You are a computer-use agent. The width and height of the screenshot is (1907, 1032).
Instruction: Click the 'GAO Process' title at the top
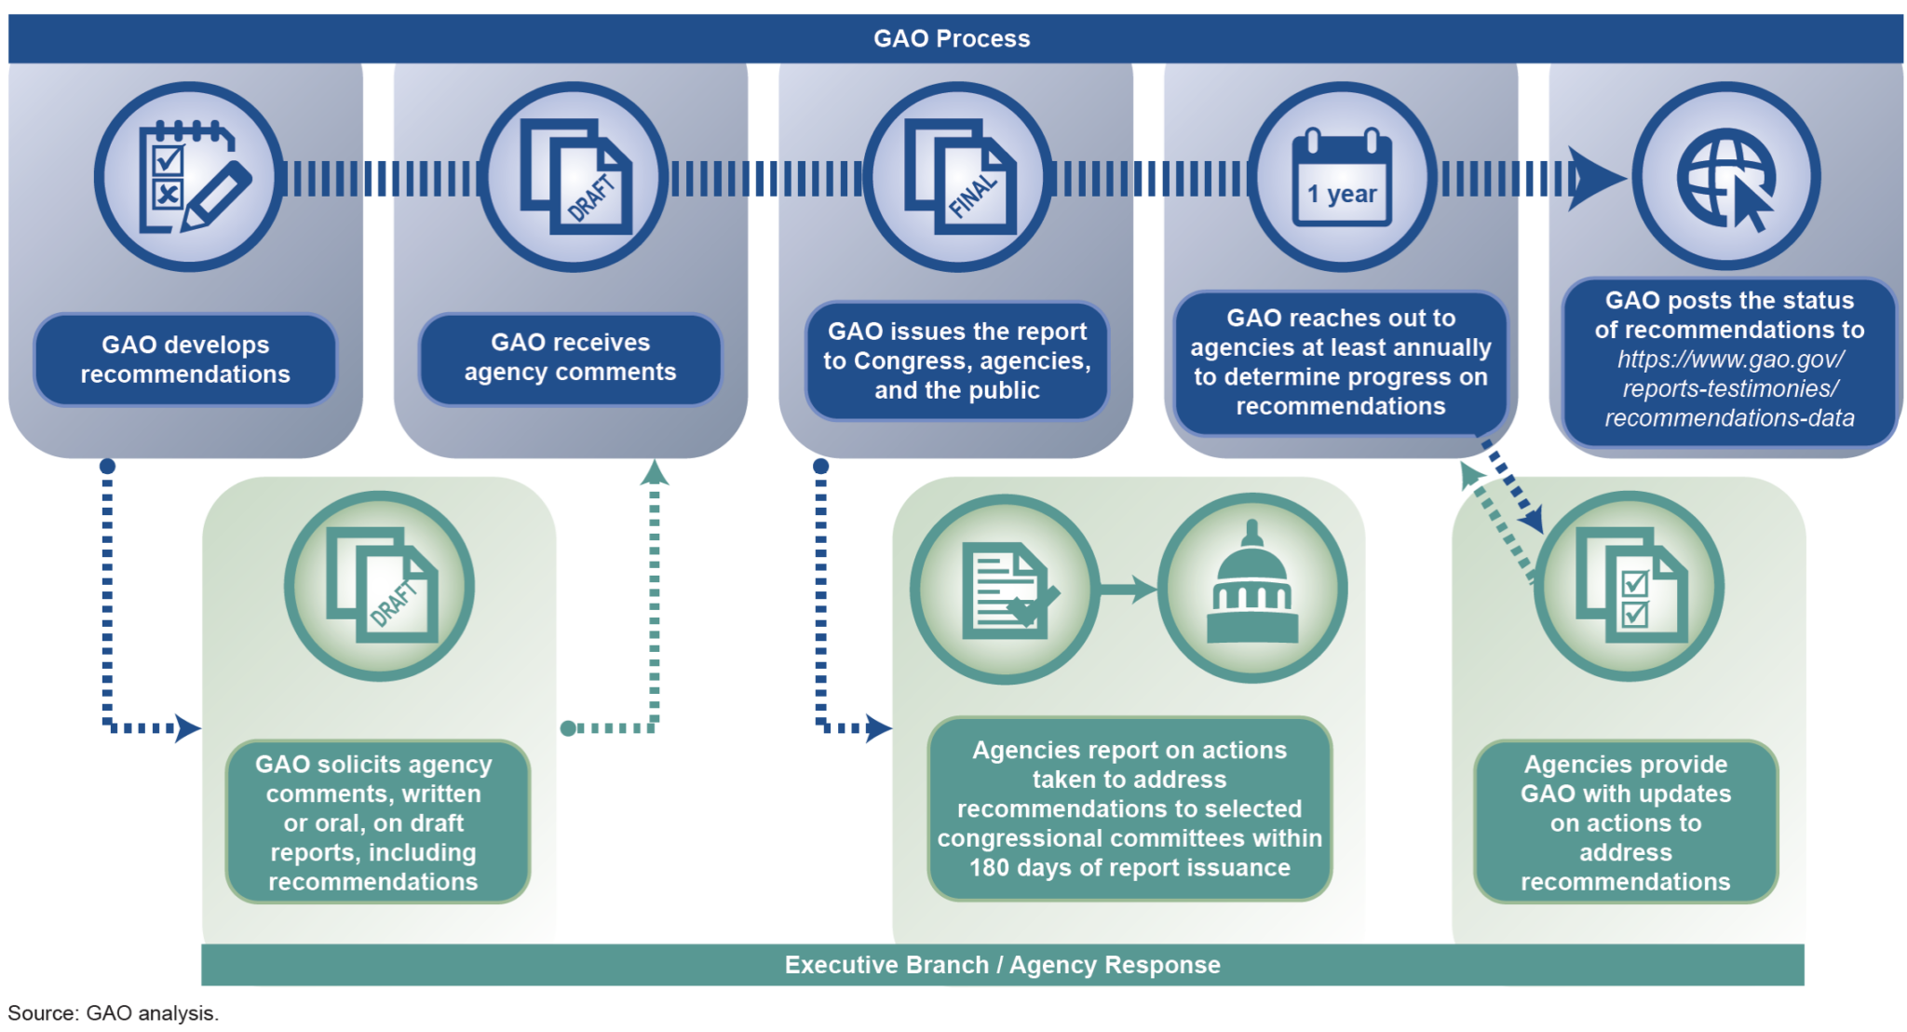click(952, 38)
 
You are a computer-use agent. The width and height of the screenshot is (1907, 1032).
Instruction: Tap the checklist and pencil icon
click(189, 177)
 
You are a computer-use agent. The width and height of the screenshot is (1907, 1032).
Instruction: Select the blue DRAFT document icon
click(574, 177)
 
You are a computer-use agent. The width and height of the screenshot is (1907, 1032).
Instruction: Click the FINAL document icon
click(958, 177)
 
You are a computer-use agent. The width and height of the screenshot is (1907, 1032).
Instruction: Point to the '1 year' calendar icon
click(1342, 177)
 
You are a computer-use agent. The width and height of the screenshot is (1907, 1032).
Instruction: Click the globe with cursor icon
click(1726, 177)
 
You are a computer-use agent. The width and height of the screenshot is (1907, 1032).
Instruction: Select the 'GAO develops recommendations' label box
click(185, 360)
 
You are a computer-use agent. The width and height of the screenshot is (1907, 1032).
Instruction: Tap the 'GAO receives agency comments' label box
click(570, 358)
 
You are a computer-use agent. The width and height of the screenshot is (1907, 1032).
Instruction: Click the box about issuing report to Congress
click(957, 360)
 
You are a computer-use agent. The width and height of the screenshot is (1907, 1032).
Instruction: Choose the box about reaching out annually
click(1341, 362)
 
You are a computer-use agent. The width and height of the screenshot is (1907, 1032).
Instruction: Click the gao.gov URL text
click(1730, 388)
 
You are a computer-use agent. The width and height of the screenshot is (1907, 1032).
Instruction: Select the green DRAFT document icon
click(380, 587)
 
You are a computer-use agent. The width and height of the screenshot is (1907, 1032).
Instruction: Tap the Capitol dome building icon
click(1252, 589)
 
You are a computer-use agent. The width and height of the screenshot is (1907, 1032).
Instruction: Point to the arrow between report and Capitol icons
click(1129, 590)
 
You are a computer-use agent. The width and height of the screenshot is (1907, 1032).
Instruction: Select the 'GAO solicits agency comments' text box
click(373, 822)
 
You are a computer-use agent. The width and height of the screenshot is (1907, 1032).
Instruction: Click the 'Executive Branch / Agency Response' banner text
click(1002, 965)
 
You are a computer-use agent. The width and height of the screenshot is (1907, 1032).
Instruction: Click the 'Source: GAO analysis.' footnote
click(113, 1013)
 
